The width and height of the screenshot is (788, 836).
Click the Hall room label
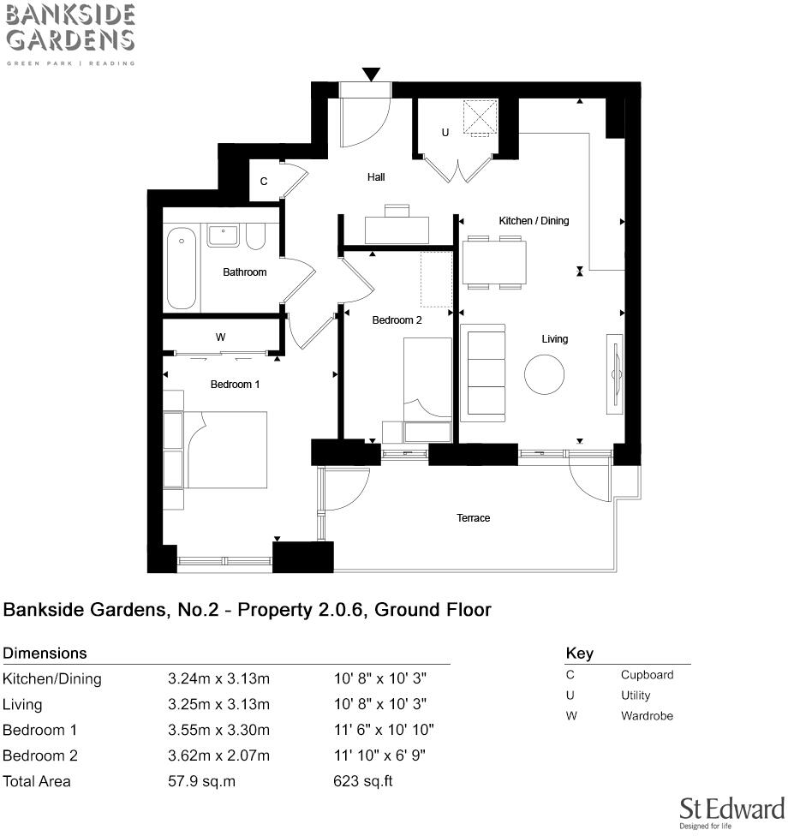click(376, 177)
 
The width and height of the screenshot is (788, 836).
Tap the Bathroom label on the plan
click(245, 272)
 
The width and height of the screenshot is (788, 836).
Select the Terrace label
click(473, 518)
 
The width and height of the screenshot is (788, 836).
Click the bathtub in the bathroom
click(182, 267)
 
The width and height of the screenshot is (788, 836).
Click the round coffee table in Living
click(545, 375)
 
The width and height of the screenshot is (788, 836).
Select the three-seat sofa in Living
click(484, 373)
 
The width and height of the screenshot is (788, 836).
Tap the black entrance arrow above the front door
click(371, 75)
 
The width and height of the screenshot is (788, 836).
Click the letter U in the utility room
click(445, 133)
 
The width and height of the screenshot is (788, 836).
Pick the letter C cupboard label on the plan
click(264, 182)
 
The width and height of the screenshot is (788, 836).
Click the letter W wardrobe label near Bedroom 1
click(220, 337)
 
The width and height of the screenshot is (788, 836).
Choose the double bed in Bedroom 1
click(226, 450)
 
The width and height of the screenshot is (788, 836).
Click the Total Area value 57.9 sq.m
click(203, 781)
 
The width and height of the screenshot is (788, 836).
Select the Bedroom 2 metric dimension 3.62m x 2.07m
click(218, 755)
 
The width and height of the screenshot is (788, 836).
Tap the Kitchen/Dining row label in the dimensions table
click(52, 679)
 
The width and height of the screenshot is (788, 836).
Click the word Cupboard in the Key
click(647, 675)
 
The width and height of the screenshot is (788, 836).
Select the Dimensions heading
click(45, 653)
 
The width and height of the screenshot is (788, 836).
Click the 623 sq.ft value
click(362, 781)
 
